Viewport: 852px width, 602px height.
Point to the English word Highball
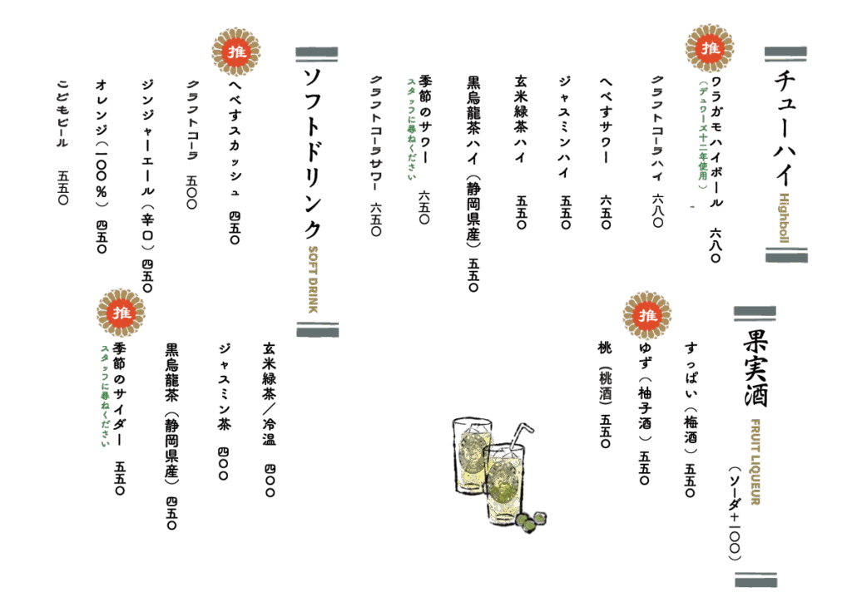tap(784, 217)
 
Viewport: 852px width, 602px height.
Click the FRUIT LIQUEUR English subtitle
tap(756, 461)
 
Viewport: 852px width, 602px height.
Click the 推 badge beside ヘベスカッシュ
tap(236, 53)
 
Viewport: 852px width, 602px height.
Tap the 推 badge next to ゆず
tap(647, 315)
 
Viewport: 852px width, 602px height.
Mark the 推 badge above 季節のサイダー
tap(121, 313)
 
